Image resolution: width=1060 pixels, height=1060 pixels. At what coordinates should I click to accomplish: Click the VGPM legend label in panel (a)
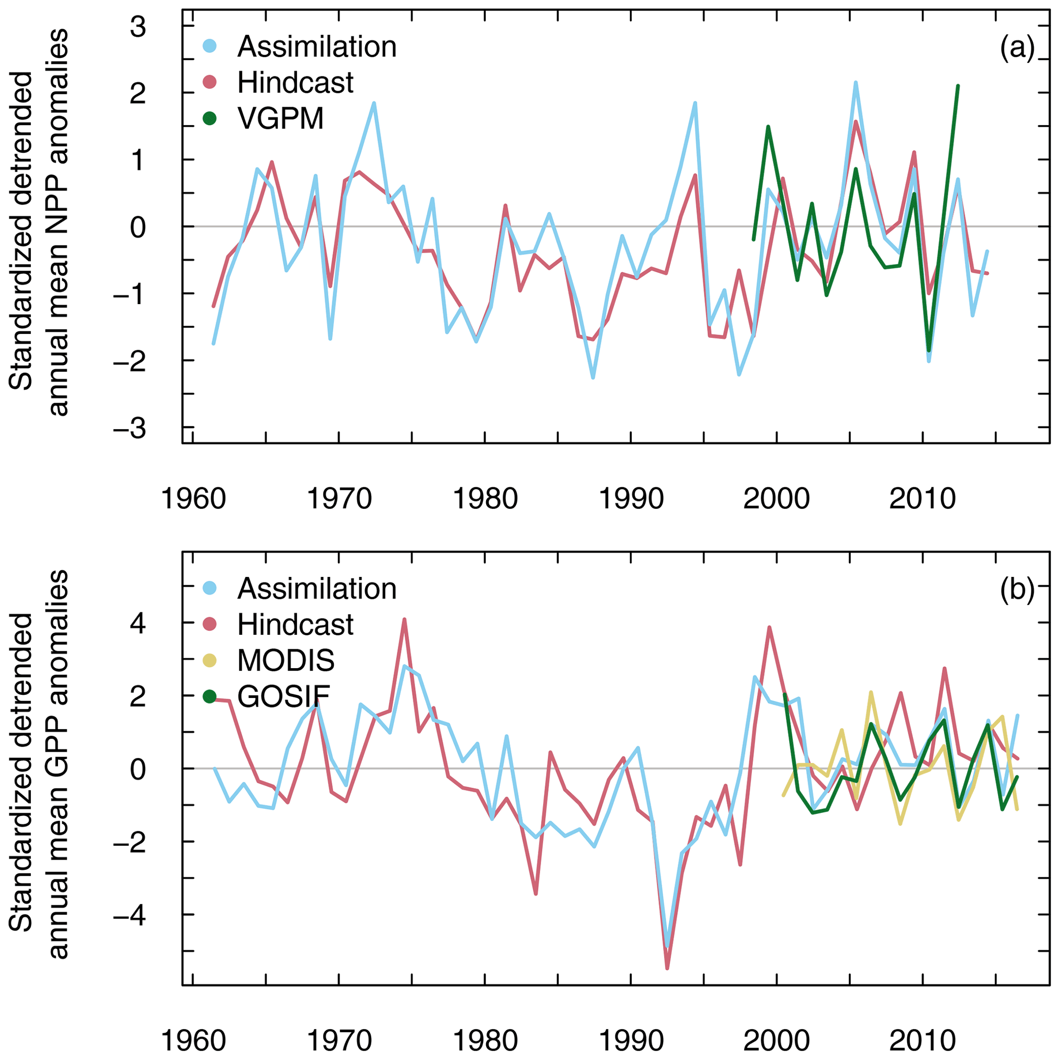[281, 118]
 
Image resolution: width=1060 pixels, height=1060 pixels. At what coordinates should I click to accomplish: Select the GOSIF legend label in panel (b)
[283, 697]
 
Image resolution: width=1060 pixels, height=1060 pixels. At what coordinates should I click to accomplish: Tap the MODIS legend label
[286, 661]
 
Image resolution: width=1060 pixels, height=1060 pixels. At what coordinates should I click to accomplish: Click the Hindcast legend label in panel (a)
[295, 82]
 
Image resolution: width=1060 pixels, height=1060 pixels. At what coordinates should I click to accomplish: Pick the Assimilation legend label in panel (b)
[316, 589]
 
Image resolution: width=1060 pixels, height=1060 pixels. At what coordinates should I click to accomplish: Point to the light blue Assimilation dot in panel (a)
[209, 47]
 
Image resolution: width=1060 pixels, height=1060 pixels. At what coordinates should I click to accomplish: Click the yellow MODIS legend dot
[209, 661]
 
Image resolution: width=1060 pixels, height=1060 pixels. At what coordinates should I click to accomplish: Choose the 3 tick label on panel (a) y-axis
[138, 26]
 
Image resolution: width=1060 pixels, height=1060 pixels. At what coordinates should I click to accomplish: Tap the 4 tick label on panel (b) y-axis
[138, 623]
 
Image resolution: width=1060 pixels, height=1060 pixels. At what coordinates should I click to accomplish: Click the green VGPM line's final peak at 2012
[957, 86]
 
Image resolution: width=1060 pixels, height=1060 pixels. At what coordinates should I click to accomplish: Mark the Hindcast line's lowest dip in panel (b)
[667, 984]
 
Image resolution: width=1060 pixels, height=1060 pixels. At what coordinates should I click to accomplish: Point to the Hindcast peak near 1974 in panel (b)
[404, 619]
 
